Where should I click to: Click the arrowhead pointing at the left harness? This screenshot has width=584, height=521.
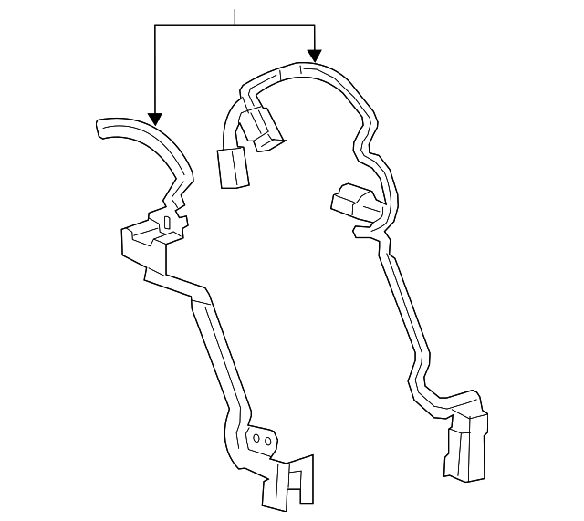[x=155, y=119]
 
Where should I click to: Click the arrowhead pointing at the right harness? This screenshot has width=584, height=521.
[x=315, y=55]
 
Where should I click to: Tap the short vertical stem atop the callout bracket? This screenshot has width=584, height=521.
[x=235, y=16]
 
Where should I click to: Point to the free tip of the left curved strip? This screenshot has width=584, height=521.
[x=99, y=129]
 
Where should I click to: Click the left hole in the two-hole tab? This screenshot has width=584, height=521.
[x=257, y=439]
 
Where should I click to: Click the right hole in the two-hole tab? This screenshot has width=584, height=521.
[x=268, y=440]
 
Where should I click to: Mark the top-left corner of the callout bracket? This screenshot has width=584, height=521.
[x=155, y=26]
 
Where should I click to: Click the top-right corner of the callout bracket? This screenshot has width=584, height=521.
[x=315, y=26]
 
